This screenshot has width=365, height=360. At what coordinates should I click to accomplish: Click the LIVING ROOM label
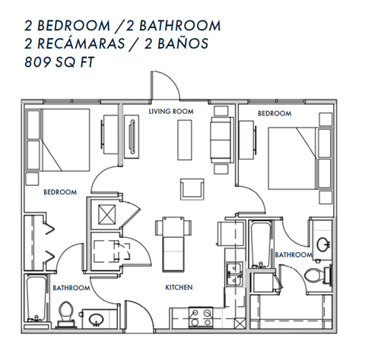tap(170, 112)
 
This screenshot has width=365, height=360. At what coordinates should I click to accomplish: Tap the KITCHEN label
tap(179, 288)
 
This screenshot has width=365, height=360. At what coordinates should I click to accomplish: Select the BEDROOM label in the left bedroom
tap(60, 192)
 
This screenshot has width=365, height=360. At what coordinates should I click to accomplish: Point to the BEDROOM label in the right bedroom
tap(275, 113)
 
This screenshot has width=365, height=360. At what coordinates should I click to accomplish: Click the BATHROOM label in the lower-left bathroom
tap(71, 288)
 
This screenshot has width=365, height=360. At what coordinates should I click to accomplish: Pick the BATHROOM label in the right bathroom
tap(294, 254)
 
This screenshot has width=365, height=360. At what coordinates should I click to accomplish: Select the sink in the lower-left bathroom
tap(96, 320)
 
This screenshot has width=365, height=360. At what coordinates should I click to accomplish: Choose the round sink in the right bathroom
tap(323, 245)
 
